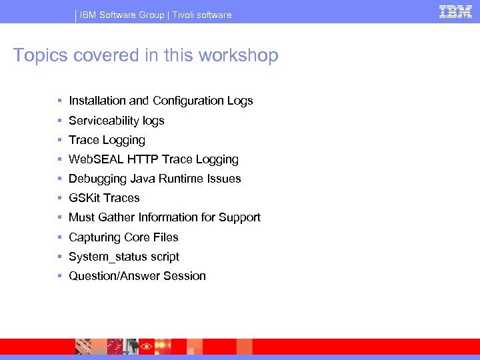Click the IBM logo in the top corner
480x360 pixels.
click(455, 12)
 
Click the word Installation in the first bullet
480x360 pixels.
click(97, 101)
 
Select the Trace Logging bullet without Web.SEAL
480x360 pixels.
click(107, 140)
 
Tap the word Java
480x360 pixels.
click(143, 179)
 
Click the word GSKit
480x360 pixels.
click(84, 198)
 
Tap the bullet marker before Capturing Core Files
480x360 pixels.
click(59, 237)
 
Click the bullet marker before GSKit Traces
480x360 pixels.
click(59, 198)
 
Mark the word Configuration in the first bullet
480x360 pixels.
click(189, 101)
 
